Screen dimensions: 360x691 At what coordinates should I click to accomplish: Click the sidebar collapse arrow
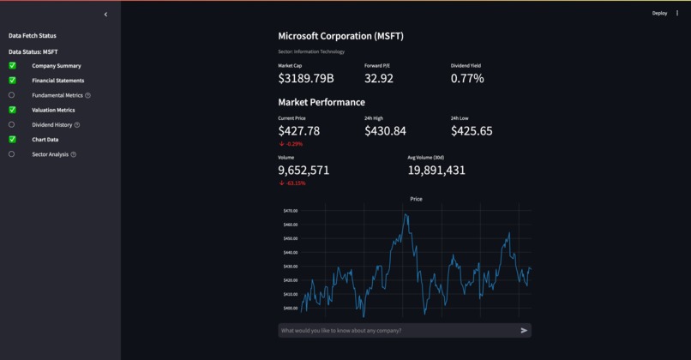click(105, 15)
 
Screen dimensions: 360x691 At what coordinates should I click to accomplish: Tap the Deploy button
click(659, 13)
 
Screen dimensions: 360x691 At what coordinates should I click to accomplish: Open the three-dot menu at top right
click(677, 13)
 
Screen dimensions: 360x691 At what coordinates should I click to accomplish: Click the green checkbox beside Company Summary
click(12, 66)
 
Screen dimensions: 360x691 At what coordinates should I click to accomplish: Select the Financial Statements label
click(58, 81)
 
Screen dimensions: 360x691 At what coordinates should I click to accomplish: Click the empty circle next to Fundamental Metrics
click(12, 95)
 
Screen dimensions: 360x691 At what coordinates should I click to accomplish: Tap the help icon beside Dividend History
click(77, 125)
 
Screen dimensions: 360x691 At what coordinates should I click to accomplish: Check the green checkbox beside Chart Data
click(12, 139)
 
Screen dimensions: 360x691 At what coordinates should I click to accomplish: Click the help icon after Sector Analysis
click(74, 154)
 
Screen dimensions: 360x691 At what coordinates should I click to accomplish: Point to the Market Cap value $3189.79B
click(306, 79)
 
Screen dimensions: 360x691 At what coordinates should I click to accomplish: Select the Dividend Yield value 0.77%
click(467, 79)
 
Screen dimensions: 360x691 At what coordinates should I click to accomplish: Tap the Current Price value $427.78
click(299, 131)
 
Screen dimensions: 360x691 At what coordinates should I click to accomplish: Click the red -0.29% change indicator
click(291, 144)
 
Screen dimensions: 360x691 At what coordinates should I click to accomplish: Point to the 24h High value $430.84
click(385, 131)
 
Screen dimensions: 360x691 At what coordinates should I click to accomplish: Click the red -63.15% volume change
click(292, 183)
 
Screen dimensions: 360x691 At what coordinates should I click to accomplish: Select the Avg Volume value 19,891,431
click(436, 171)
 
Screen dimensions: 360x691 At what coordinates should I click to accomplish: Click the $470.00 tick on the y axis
click(290, 211)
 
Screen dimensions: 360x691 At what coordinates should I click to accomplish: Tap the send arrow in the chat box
click(524, 330)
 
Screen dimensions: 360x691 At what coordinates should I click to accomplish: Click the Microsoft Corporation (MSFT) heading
click(340, 36)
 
